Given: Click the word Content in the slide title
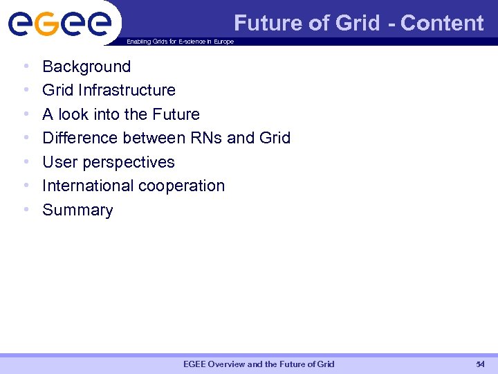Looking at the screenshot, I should pyautogui.click(x=442, y=23).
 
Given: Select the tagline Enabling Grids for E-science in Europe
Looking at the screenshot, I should pyautogui.click(x=180, y=42).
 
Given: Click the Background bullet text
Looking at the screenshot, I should pyautogui.click(x=86, y=66).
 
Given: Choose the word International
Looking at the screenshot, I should pyautogui.click(x=88, y=186).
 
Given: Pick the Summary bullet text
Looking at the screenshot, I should pyautogui.click(x=77, y=210).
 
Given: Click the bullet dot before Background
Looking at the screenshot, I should pyautogui.click(x=26, y=67).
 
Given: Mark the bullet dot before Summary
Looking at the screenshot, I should pyautogui.click(x=26, y=211).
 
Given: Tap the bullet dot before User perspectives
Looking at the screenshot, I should pyautogui.click(x=26, y=163).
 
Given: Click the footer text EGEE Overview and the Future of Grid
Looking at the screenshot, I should pyautogui.click(x=258, y=364).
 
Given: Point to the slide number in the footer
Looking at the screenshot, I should pyautogui.click(x=480, y=364).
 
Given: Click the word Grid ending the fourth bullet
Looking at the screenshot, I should pyautogui.click(x=275, y=138).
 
